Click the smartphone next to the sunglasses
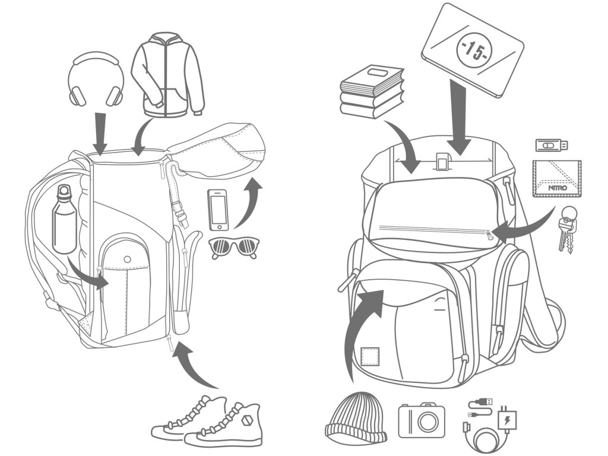coord(218,210)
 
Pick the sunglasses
coord(235,246)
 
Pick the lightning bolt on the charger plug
coord(508,421)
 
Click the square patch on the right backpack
coord(370,357)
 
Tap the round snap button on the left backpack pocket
coord(128,259)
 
